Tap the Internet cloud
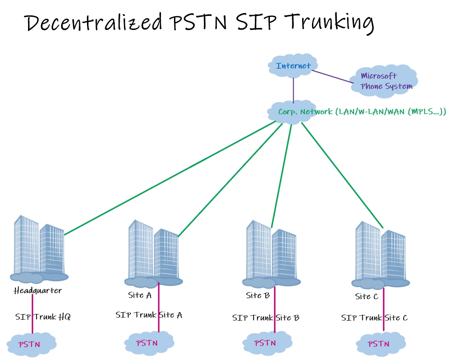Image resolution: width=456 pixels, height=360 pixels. tap(293, 66)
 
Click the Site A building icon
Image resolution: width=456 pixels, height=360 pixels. tap(153, 253)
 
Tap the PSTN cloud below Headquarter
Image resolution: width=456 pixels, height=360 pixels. tap(31, 345)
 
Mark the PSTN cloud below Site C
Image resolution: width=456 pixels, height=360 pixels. tap(379, 344)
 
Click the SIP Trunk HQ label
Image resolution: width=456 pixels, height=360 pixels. tap(43, 317)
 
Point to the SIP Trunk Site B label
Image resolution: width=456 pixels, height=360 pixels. tap(266, 318)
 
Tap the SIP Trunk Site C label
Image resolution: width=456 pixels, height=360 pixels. tap(374, 318)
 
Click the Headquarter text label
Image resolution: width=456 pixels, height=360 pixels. tap(38, 291)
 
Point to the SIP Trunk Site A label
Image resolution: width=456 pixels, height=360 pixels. tap(149, 315)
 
